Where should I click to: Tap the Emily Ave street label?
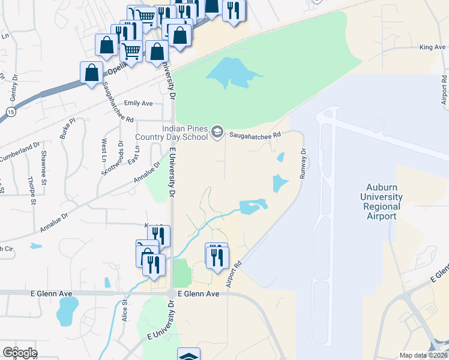(139, 103)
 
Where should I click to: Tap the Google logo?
(19, 352)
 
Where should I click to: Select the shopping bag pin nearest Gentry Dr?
(91, 73)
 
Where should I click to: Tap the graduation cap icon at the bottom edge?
(189, 355)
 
